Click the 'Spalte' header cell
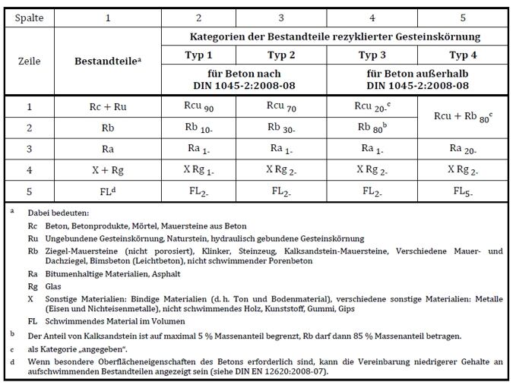(30, 17)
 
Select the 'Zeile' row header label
(30, 61)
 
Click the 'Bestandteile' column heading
(107, 61)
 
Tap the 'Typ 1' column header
(200, 55)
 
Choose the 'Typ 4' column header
(457, 55)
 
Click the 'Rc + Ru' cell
(107, 107)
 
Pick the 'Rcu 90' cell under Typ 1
(200, 106)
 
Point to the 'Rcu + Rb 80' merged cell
(458, 117)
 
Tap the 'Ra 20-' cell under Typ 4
(458, 149)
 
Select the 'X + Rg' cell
(107, 169)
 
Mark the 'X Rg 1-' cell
(200, 169)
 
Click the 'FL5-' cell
(458, 191)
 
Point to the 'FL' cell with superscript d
(107, 191)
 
